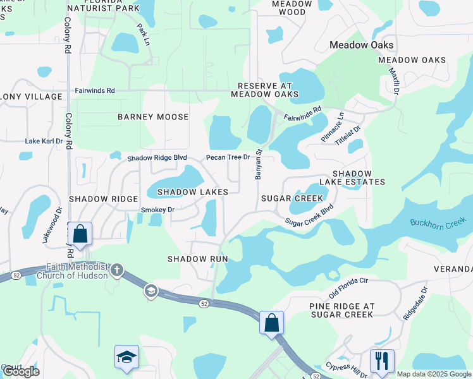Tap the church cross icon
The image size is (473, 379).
tap(116, 270)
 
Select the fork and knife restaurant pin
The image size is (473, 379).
tap(382, 361)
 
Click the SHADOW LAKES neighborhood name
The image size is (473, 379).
tap(192, 191)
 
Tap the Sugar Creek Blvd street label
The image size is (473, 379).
tap(309, 217)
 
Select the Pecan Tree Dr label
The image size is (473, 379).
tap(228, 157)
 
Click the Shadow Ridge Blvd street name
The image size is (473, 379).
tap(157, 158)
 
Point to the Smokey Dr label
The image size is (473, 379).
tap(157, 210)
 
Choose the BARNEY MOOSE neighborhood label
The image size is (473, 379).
tap(153, 117)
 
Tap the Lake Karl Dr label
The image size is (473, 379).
tap(44, 141)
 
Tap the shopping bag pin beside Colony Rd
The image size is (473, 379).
tap(80, 234)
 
